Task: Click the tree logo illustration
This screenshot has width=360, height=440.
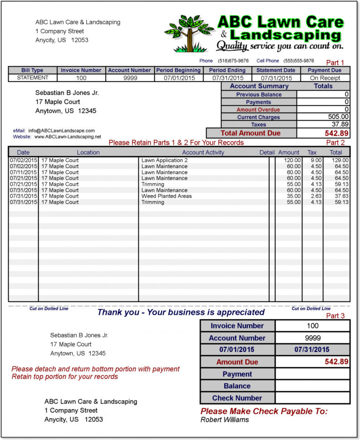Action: (x=189, y=33)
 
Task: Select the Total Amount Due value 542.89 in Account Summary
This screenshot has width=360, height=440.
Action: (x=336, y=133)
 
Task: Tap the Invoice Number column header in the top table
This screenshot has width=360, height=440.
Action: (x=81, y=70)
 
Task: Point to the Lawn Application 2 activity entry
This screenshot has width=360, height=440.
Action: (x=164, y=160)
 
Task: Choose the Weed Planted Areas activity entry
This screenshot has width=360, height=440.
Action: (x=166, y=196)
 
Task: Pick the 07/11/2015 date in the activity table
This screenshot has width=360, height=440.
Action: (x=23, y=172)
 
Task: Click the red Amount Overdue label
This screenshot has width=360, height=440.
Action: (x=258, y=110)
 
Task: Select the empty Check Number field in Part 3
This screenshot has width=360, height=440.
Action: (x=312, y=398)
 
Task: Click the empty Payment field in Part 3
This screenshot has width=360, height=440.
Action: (x=312, y=374)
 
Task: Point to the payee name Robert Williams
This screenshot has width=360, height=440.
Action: (x=224, y=420)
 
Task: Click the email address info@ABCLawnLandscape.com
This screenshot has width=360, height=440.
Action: (x=61, y=131)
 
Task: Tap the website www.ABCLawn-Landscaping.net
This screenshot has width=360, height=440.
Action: (x=68, y=137)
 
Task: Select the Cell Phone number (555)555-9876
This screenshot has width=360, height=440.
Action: (x=299, y=61)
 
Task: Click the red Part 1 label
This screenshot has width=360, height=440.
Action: (x=335, y=63)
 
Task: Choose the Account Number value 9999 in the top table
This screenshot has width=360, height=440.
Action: (x=130, y=78)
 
